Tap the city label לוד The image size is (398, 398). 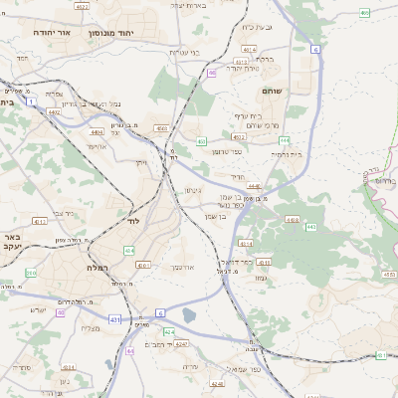(133, 221)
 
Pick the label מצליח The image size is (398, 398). (91, 327)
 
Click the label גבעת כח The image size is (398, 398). (258, 27)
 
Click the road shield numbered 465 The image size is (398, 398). (365, 13)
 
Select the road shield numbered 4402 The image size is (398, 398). (55, 113)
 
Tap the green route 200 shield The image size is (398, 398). (31, 272)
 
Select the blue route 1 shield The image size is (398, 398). (33, 101)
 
